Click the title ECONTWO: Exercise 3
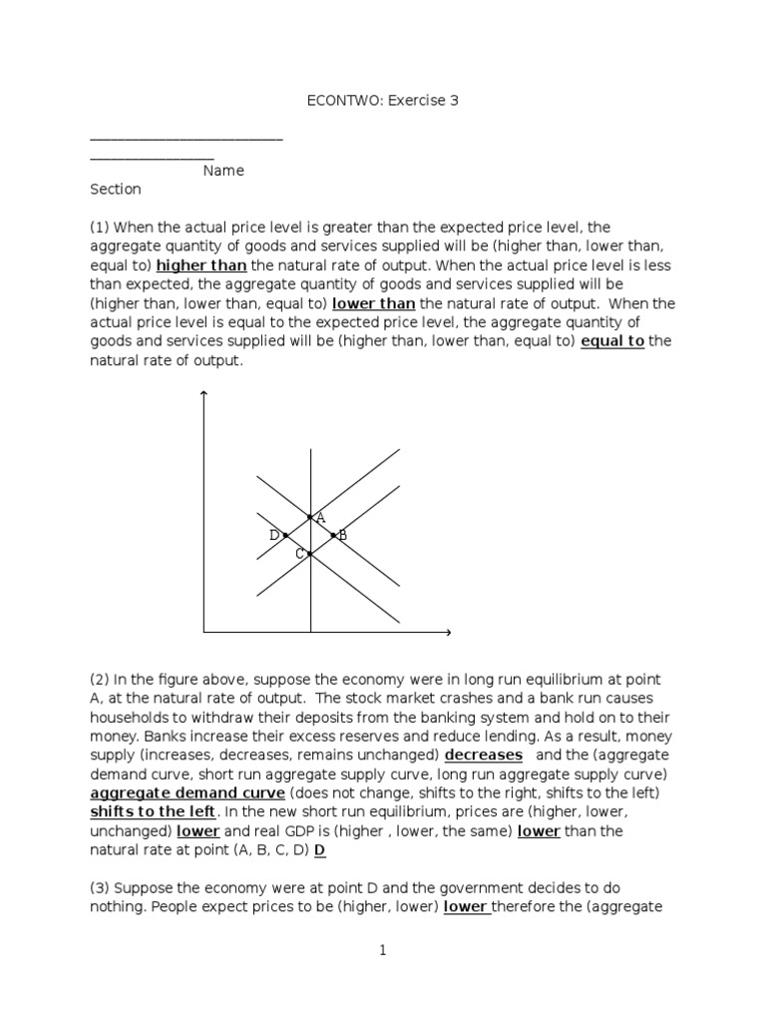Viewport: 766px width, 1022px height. click(381, 101)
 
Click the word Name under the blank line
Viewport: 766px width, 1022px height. click(223, 171)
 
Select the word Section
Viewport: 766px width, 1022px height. click(116, 190)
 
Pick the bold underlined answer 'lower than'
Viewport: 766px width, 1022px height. click(374, 303)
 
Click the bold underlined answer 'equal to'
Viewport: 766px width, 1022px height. click(612, 341)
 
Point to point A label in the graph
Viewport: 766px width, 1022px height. click(320, 517)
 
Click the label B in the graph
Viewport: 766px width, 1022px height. click(342, 535)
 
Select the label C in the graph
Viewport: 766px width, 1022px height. click(299, 553)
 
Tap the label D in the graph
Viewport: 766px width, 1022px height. click(274, 535)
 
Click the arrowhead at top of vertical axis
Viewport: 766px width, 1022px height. click(204, 394)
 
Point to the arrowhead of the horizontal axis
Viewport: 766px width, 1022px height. click(448, 633)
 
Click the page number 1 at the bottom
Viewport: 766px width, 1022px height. click(382, 951)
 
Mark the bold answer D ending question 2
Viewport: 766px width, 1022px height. click(319, 850)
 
